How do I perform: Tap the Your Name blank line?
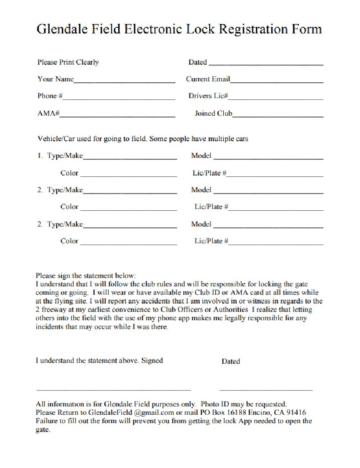click(124, 82)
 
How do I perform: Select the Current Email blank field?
click(277, 82)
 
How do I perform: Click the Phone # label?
click(50, 96)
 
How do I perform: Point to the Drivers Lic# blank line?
click(276, 99)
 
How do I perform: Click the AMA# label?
click(48, 113)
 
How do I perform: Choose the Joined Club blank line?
click(278, 116)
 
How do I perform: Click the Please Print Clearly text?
click(68, 62)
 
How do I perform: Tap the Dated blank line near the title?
click(265, 65)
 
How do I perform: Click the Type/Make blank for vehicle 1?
click(130, 158)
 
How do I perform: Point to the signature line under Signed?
click(113, 390)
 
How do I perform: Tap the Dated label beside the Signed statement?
click(231, 362)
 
